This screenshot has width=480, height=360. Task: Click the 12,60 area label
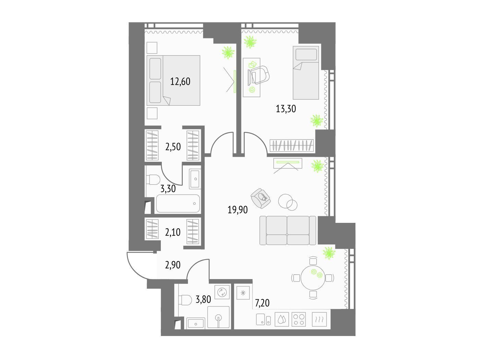[x=180, y=82]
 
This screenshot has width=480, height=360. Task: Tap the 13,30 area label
[x=286, y=109]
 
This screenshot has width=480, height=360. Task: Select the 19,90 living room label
[x=238, y=209]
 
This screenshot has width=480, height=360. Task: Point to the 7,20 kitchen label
[x=262, y=303]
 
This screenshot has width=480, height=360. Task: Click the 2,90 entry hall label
[x=172, y=265]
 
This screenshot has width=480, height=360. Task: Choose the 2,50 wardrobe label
[x=173, y=147]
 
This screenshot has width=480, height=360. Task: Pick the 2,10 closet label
[x=172, y=232]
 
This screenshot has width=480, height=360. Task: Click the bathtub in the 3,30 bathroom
[x=178, y=204]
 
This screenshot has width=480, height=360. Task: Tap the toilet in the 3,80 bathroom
[x=185, y=300]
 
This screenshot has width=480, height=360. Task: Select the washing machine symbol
[x=222, y=292]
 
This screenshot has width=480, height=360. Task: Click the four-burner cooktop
[x=299, y=320]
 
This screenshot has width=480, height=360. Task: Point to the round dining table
[x=313, y=278]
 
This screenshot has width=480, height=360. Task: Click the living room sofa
[x=288, y=230]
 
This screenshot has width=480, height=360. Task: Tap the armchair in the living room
[x=261, y=198]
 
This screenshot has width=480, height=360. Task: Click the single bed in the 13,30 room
[x=306, y=73]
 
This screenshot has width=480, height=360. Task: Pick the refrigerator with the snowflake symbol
[x=243, y=293]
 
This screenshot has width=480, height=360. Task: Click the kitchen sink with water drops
[x=282, y=320]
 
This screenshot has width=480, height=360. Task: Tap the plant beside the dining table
[x=329, y=253]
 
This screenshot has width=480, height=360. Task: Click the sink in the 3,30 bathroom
[x=195, y=179]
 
